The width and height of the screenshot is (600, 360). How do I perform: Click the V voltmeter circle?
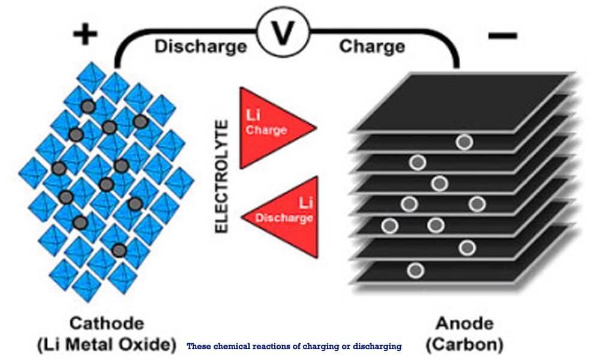pos(283,32)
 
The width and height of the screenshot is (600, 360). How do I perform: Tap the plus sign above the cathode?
pos(85,34)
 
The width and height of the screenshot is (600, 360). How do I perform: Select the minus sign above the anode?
pos(503,36)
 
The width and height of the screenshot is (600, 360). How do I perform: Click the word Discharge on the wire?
pos(200,47)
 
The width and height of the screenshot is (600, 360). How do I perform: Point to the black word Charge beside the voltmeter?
pos(372,46)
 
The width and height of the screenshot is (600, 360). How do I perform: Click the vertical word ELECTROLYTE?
pos(221,176)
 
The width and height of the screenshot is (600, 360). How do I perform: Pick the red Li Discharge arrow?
pos(280,217)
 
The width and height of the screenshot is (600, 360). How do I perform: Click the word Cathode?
pos(107,323)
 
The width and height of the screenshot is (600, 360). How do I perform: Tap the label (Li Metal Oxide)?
pos(107,344)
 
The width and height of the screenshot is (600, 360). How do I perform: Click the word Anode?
pos(464,323)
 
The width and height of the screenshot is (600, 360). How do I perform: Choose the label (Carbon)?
pos(464,344)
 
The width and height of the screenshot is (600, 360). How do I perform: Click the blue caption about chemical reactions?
pos(294,347)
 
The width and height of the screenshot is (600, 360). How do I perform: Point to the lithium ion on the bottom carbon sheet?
pos(416,271)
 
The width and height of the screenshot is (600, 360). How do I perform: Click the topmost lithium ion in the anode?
pos(464,142)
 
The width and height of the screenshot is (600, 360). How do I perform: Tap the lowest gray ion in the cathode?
pos(119,251)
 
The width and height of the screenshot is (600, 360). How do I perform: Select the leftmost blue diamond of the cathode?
pos(33,173)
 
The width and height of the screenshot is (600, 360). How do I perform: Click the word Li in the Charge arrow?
pos(253,115)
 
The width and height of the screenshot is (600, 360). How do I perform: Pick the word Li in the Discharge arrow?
pos(305,202)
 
